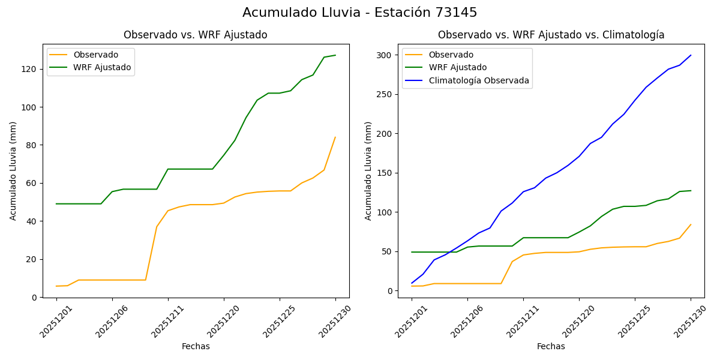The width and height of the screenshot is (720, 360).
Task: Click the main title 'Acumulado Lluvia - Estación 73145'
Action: pos(360,13)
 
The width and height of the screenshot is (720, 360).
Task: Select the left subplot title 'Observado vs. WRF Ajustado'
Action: pos(196,35)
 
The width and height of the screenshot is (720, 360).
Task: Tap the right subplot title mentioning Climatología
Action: pos(551,35)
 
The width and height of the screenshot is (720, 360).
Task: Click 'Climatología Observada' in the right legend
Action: pos(479,80)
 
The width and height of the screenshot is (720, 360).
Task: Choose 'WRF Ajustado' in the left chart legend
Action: pos(102,67)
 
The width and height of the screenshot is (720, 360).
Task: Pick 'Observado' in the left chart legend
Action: pos(96,55)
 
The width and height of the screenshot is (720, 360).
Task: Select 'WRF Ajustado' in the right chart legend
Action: pos(457,67)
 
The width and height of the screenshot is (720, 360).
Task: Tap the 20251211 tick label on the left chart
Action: pos(163,320)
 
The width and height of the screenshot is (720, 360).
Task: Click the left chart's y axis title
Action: pos(13,171)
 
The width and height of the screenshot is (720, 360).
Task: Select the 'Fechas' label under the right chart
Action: pos(551,346)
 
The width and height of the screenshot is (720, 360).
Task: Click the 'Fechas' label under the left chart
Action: pos(196,346)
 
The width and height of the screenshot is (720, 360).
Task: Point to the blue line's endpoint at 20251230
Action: pos(691,55)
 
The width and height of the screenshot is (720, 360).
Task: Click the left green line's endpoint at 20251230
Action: pos(335,55)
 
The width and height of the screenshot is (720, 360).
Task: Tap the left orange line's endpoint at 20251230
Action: pos(335,137)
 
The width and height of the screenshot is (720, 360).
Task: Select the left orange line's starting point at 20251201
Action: pos(56,286)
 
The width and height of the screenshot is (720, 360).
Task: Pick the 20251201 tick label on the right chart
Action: pos(406,320)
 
